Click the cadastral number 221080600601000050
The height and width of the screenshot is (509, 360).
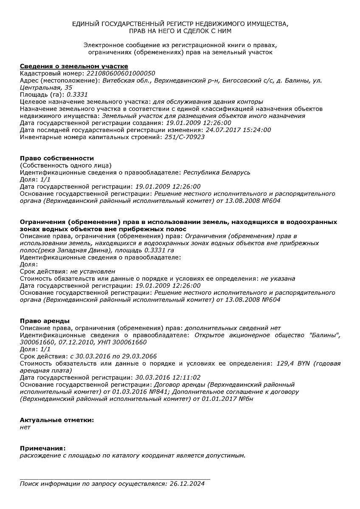(121, 73)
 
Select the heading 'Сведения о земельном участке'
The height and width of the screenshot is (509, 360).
(74, 66)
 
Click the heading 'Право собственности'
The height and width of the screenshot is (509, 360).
(57, 158)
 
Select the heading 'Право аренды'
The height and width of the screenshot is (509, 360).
(45, 321)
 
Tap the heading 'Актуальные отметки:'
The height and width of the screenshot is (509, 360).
(57, 420)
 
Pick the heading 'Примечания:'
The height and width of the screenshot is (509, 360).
(43, 448)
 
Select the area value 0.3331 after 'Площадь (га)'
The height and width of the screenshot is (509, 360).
(77, 95)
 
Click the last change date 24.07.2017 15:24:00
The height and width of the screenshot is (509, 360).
(238, 130)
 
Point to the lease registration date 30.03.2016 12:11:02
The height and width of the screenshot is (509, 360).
(168, 378)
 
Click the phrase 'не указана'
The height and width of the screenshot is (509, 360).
(278, 279)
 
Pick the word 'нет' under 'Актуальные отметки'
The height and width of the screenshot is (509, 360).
(25, 427)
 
